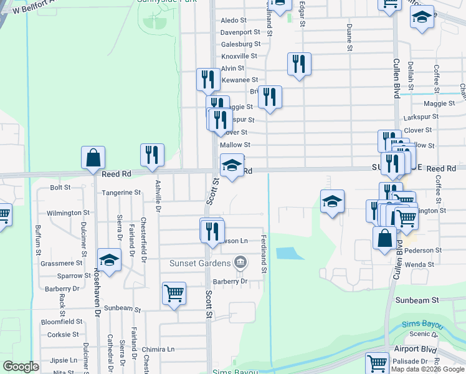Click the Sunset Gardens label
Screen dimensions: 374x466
199,262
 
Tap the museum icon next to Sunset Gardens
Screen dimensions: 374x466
239,262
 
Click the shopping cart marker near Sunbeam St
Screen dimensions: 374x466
174,294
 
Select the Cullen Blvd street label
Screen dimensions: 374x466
396,78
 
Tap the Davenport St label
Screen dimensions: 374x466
240,32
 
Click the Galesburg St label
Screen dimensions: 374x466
240,44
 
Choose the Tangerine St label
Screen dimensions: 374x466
121,193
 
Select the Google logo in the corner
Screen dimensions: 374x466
21,367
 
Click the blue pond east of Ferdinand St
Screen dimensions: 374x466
287,254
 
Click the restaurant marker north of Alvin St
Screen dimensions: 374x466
299,65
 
